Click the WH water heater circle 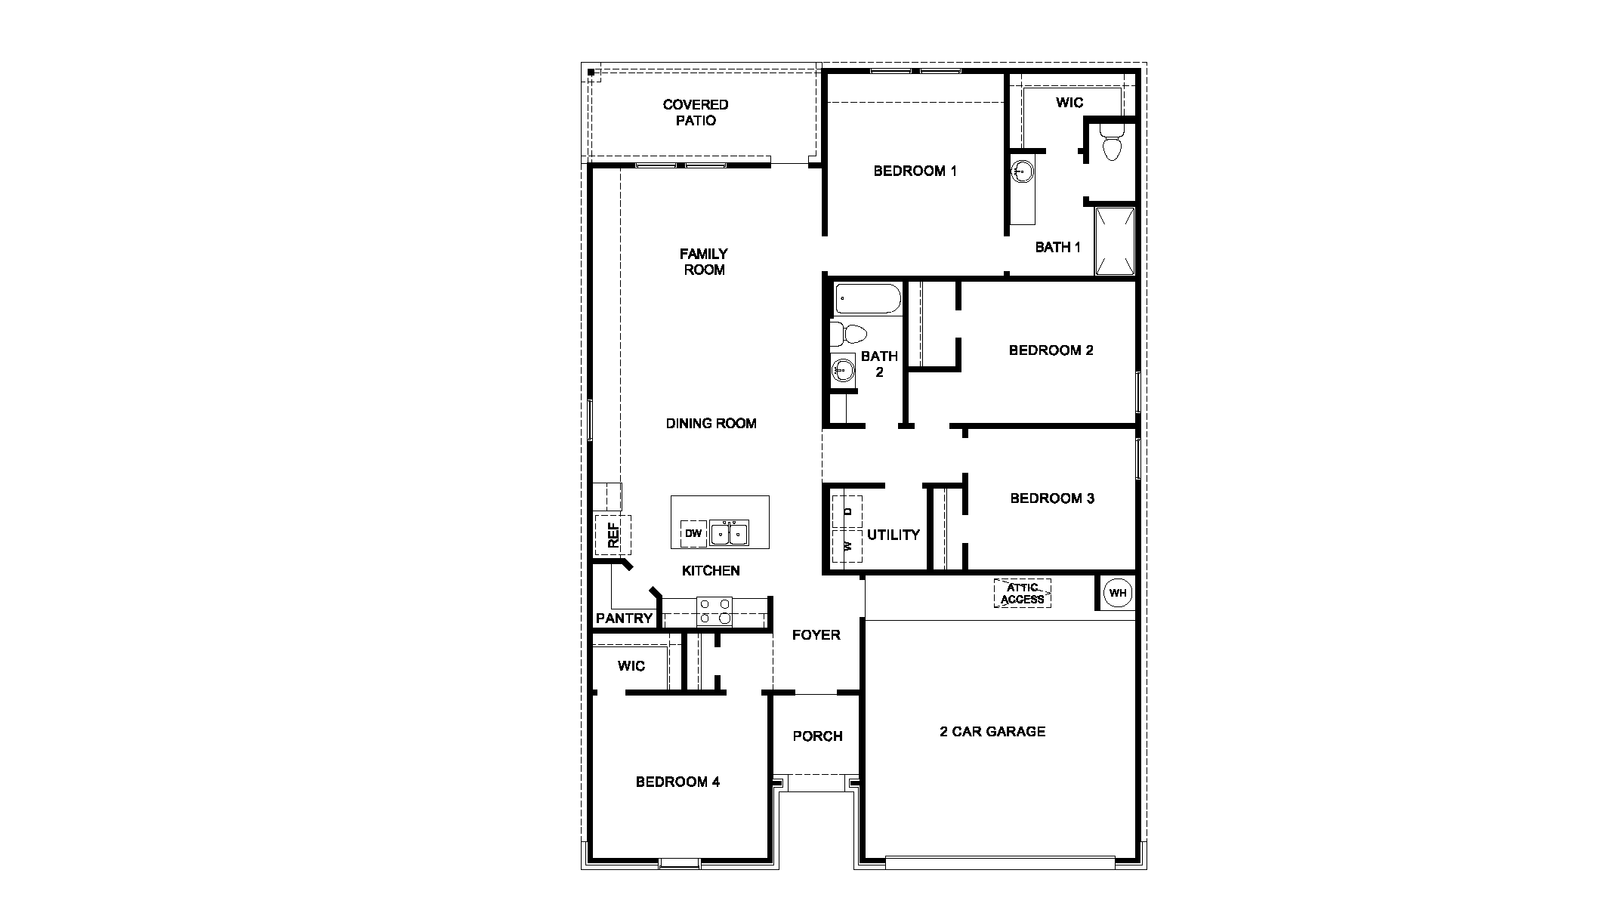[1118, 593]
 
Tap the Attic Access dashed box [1023, 594]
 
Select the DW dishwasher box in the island [693, 533]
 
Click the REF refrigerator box [613, 535]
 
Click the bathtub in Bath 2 [868, 300]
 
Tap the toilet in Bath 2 [849, 333]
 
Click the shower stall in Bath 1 [1116, 241]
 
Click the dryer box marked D [847, 511]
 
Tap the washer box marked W [847, 545]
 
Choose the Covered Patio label [696, 113]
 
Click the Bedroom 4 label [677, 782]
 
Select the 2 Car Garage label [992, 731]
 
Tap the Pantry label [624, 618]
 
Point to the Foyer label [816, 634]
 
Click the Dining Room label [711, 423]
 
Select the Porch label [817, 736]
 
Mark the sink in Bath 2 [843, 370]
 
